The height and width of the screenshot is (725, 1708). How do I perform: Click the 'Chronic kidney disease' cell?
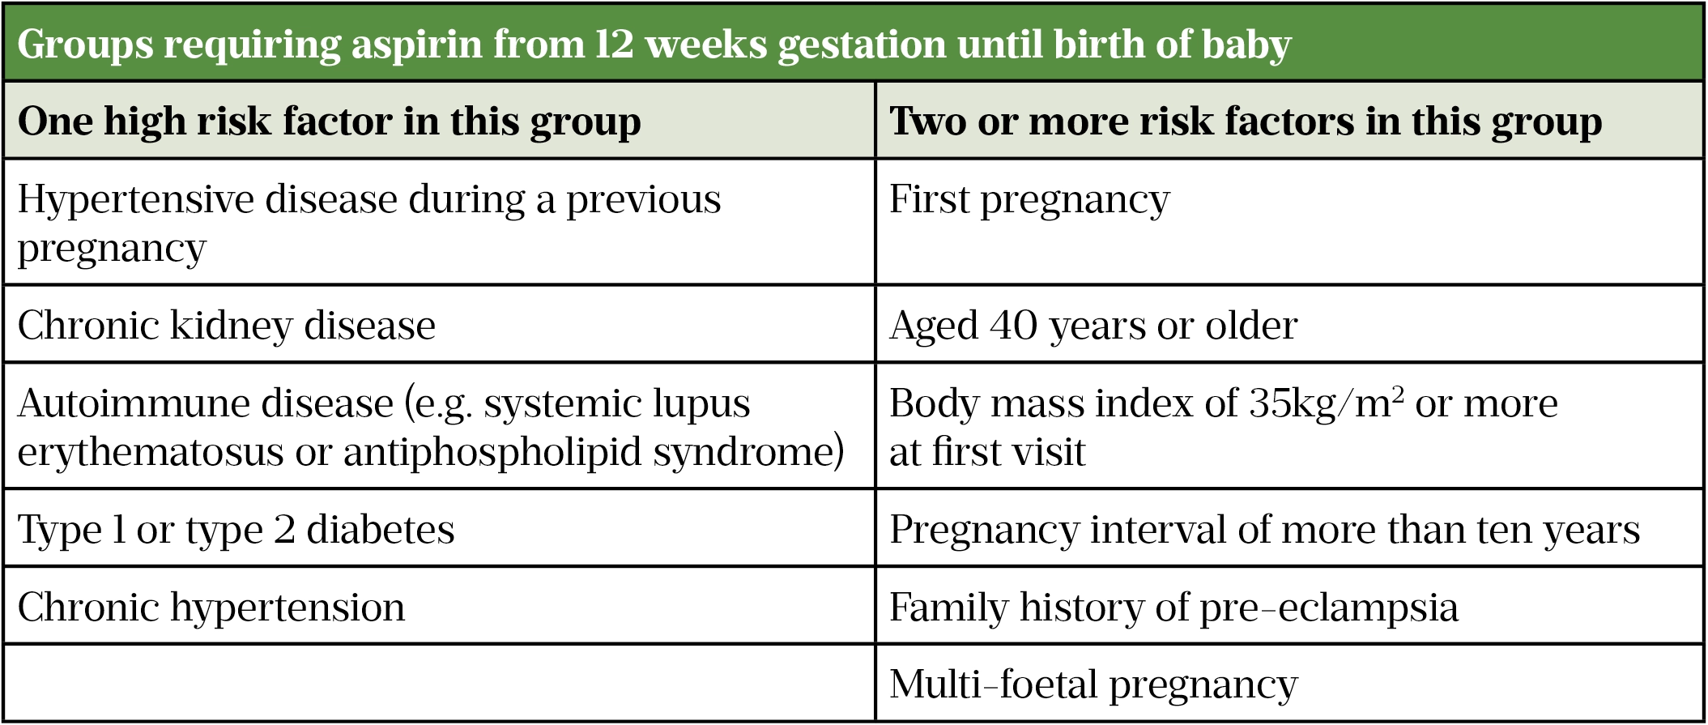pos(439,324)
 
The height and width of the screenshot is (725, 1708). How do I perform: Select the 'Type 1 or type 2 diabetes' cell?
pos(439,528)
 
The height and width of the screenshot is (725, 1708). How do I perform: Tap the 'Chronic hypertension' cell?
pos(439,606)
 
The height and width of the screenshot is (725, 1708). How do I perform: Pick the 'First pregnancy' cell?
pos(1289,222)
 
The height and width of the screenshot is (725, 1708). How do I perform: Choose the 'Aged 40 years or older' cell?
pos(1289,324)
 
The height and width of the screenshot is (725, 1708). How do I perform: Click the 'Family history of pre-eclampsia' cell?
pos(1289,606)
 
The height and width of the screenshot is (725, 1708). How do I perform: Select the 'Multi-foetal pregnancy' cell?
pos(1289,683)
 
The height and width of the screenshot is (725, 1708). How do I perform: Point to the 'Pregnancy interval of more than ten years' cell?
pos(1289,528)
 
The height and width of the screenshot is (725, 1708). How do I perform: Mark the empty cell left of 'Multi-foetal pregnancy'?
pos(439,683)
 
